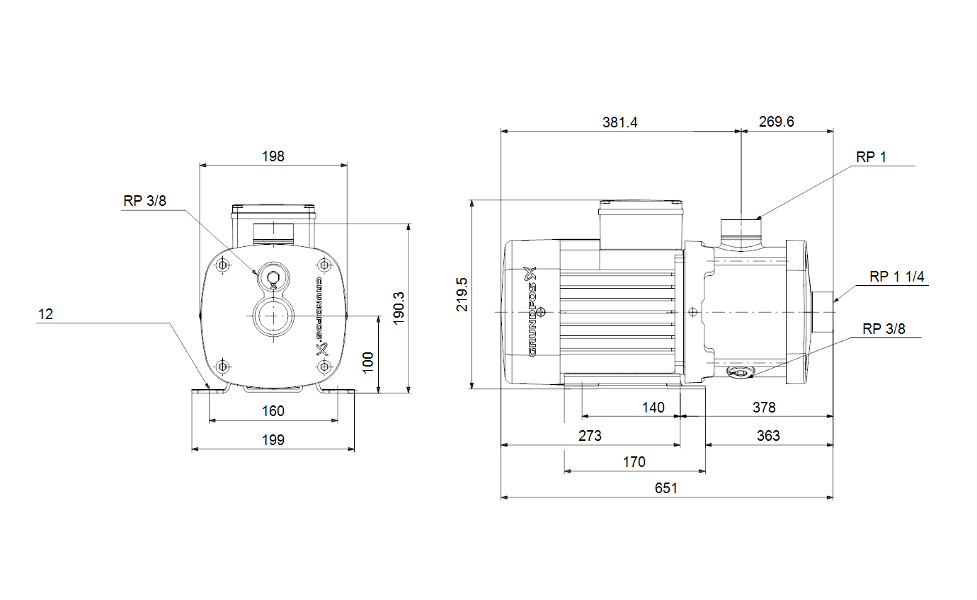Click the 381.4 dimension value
[619, 122]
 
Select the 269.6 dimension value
[777, 122]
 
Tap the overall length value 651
[666, 488]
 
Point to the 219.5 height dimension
[462, 294]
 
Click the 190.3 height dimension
[399, 308]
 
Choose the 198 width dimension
[273, 156]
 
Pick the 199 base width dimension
[273, 439]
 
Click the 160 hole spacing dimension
[273, 411]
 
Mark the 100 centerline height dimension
[368, 362]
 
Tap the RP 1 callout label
[871, 157]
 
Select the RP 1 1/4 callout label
[897, 277]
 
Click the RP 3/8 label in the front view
[145, 200]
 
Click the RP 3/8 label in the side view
[884, 329]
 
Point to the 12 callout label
[45, 314]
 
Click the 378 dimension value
[764, 408]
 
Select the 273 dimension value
[590, 436]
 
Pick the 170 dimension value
[634, 462]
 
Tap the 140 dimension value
[653, 408]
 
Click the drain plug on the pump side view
[740, 372]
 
